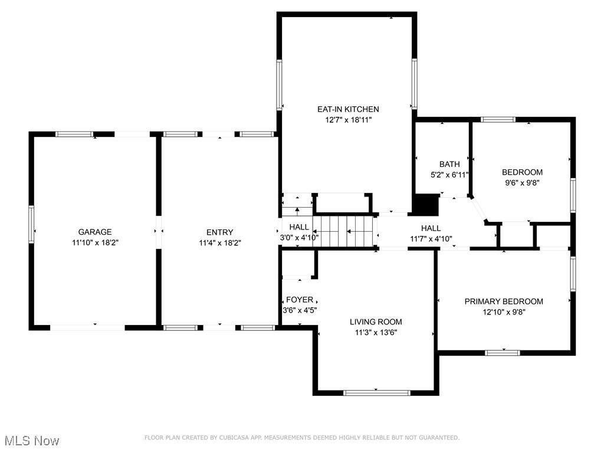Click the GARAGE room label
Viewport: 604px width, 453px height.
coord(95,232)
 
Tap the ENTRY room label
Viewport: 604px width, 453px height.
coord(219,232)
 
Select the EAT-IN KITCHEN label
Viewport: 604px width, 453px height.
coord(348,109)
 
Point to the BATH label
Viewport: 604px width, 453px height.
coord(449,164)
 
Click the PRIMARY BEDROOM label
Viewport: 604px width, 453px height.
coord(504,301)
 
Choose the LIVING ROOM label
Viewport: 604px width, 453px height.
coord(376,322)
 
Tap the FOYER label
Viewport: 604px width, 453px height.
coord(300,300)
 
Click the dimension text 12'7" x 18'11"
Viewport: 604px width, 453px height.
coord(348,120)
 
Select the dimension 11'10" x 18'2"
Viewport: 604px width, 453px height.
coord(95,242)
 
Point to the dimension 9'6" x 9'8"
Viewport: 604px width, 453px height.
coord(523,183)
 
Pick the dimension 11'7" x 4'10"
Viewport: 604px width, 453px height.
coord(431,239)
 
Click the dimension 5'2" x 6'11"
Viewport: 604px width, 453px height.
coord(449,175)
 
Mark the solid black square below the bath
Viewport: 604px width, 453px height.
coord(426,205)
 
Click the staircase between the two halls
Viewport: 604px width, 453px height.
coord(343,231)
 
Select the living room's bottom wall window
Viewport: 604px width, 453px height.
coord(377,393)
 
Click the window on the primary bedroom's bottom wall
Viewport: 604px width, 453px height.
coord(503,353)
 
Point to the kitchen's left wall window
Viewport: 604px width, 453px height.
coord(279,85)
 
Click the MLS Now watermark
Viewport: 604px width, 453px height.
coord(32,441)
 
